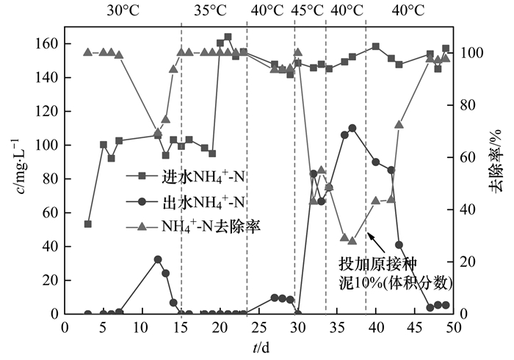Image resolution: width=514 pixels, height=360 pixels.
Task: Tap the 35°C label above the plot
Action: pos(210,11)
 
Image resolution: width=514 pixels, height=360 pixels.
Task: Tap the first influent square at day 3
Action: pos(88,224)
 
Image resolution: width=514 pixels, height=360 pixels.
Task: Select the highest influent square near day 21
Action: pos(228,37)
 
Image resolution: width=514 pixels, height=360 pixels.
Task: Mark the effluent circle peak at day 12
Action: pos(157,259)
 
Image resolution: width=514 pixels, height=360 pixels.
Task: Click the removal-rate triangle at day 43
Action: pos(399,124)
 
